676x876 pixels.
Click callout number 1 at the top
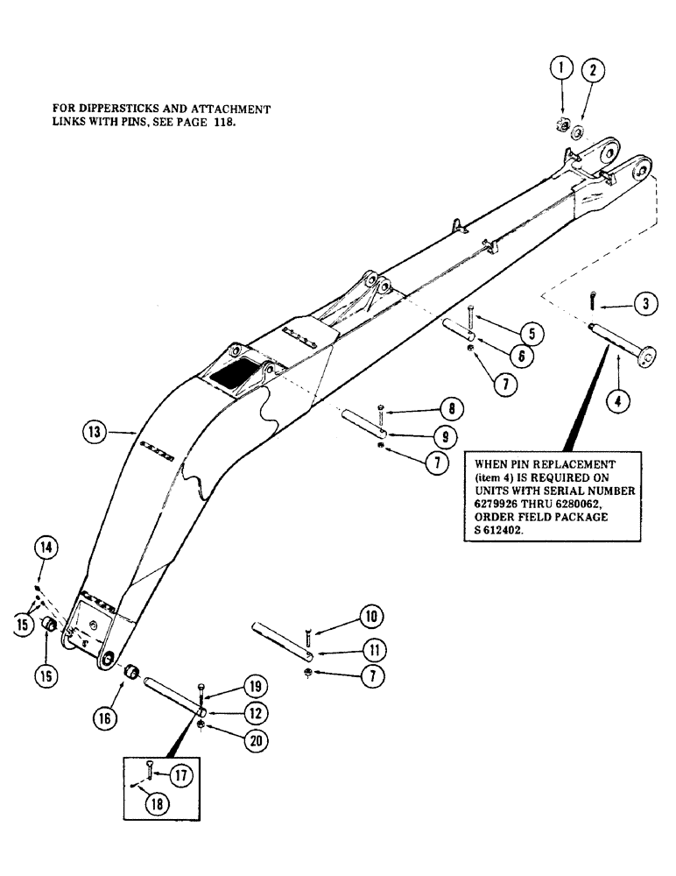click(561, 67)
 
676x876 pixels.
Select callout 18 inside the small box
click(157, 804)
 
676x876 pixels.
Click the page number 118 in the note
click(222, 124)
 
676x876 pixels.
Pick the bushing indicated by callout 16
click(131, 673)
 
